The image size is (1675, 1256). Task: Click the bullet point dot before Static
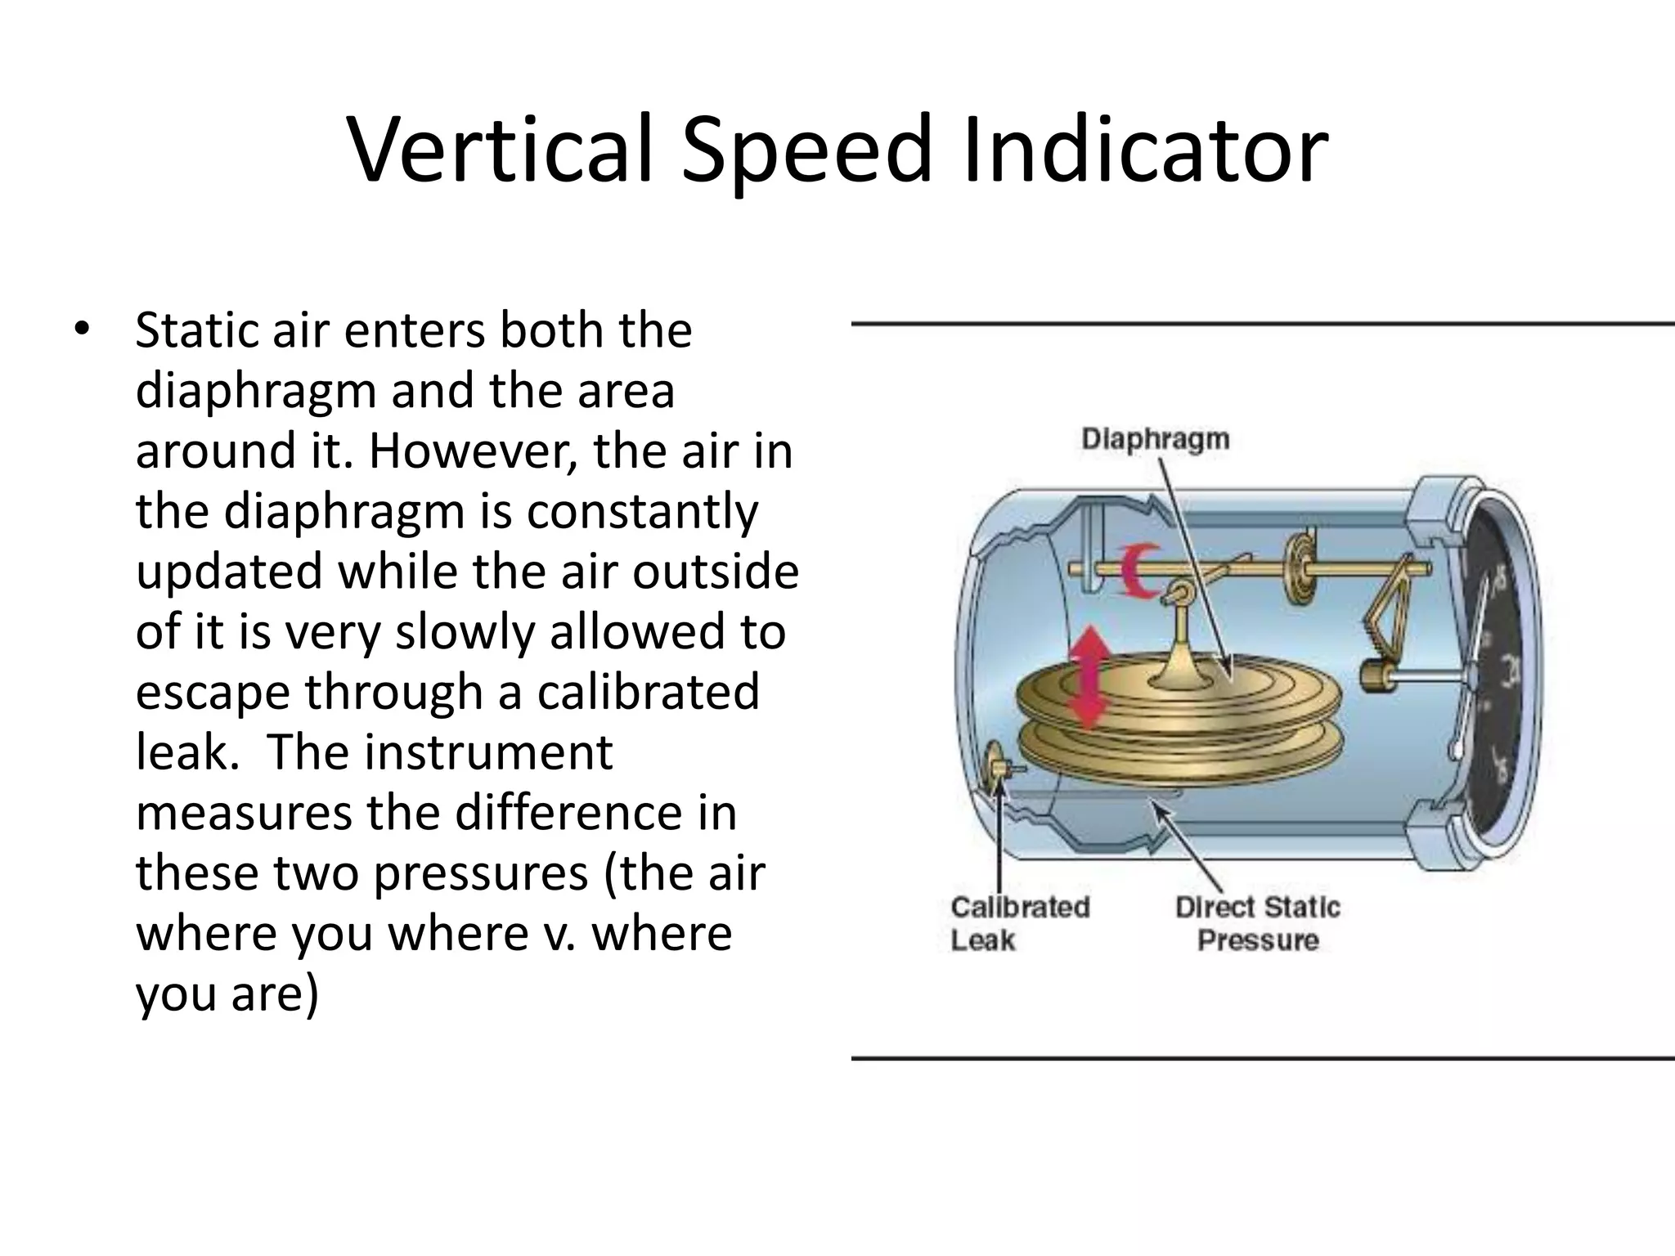(81, 330)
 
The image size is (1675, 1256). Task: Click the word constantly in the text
(642, 513)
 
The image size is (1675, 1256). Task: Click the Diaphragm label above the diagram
(1155, 439)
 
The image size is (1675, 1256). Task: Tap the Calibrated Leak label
(1019, 923)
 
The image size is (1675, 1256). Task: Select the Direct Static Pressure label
(1258, 923)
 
